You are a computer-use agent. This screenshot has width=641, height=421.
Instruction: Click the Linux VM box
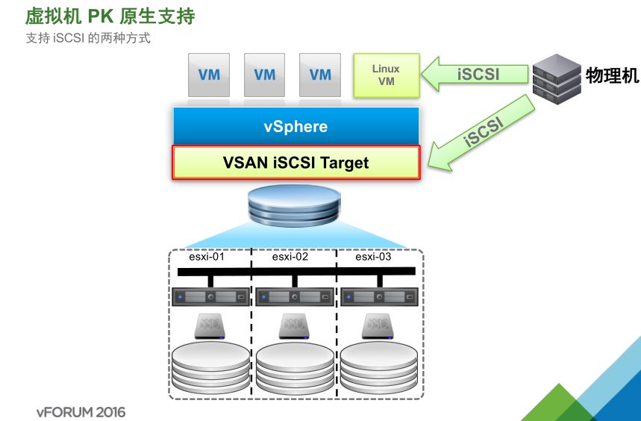coord(386,75)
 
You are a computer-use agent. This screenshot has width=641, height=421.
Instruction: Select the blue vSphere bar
coord(296,126)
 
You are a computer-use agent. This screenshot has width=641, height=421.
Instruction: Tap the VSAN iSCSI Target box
coord(296,162)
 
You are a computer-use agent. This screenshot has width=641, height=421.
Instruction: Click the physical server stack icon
coord(556,78)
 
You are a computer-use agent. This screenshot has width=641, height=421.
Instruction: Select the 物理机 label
coord(612,75)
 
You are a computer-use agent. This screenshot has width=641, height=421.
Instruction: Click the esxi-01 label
coord(207,257)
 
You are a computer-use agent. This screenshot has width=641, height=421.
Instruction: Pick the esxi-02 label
coord(290,257)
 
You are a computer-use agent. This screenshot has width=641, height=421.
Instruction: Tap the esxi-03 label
coord(373,257)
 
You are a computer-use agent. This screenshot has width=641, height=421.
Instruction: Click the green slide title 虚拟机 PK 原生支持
coord(110,16)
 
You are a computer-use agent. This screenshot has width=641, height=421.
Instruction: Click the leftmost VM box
coord(209,75)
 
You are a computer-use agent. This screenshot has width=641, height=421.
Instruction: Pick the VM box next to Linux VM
coord(320,75)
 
